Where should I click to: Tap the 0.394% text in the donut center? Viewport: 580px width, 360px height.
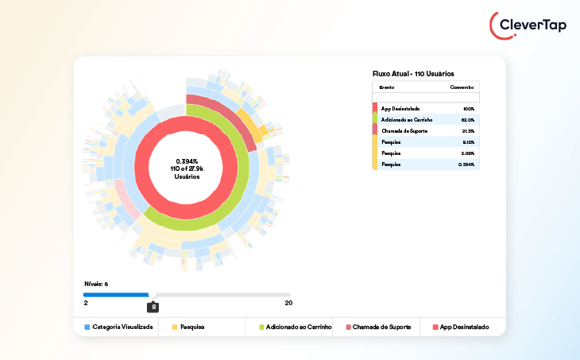pos(188,161)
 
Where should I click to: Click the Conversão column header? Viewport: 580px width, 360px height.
pos(462,87)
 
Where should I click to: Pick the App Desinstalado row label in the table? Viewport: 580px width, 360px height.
pos(405,108)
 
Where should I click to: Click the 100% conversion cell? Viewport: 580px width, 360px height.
pos(468,108)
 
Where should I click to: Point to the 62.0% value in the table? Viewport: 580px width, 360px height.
pos(467,119)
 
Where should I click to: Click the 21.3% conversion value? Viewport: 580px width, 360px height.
pos(467,130)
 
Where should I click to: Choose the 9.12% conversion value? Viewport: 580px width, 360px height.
pos(467,141)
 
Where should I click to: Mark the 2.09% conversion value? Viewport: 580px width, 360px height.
pos(467,153)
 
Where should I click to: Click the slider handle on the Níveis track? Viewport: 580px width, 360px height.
pos(153,295)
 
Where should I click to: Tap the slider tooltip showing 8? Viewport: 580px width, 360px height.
pos(153,307)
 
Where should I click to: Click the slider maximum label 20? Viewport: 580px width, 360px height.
pos(288,303)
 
